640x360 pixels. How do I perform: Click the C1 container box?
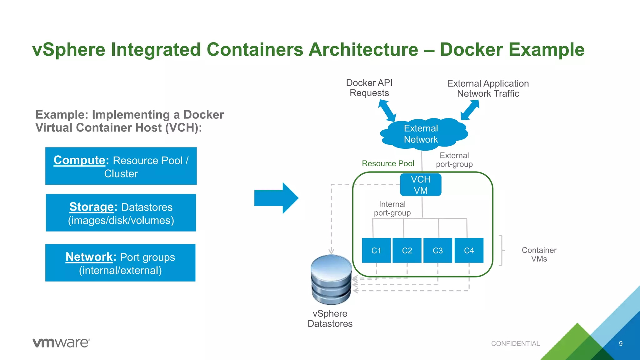coord(376,250)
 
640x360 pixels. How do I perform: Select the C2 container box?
coord(407,250)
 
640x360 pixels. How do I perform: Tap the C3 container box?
coord(437,250)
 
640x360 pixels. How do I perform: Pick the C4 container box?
coord(469,250)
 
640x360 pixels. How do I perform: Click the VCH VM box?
coord(421,185)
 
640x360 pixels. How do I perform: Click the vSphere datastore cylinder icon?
coord(331,279)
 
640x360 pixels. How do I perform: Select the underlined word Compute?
coord(79,160)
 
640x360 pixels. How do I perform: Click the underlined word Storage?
coord(91,207)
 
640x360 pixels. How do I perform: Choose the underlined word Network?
coord(89,257)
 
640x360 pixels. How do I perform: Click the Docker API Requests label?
coord(369,88)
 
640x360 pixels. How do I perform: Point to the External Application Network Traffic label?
coord(488,88)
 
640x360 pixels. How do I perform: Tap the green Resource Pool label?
coord(388,163)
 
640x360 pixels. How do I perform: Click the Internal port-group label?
coord(392,208)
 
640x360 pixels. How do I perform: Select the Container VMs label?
coord(539,254)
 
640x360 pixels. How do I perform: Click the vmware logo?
coord(61,342)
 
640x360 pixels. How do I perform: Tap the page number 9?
coord(621,344)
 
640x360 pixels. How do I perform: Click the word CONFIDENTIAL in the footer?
coord(515,344)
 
